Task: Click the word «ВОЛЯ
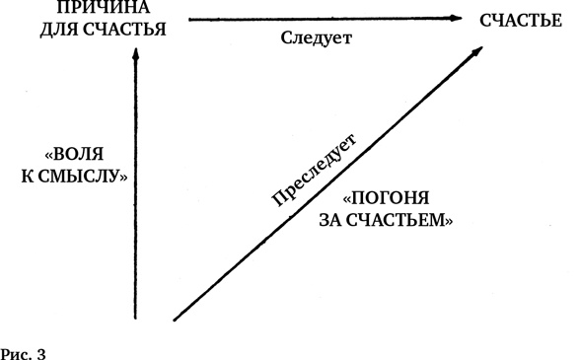(84, 156)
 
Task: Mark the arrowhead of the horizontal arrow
(457, 18)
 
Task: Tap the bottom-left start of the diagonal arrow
(176, 319)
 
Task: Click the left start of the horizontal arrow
(188, 18)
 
